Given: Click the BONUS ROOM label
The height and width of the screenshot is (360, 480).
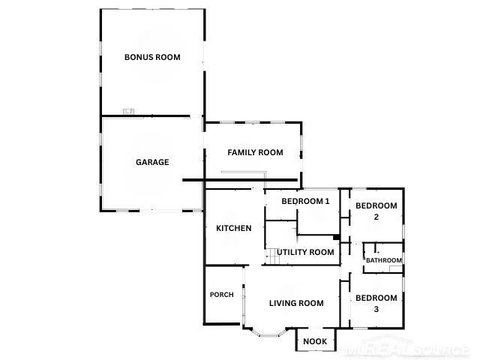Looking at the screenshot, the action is point(152,57).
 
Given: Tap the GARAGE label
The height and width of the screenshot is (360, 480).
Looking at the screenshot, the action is point(152,162).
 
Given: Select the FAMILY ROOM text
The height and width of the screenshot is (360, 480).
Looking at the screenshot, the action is point(255,152).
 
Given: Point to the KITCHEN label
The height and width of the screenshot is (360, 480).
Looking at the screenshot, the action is point(233,228).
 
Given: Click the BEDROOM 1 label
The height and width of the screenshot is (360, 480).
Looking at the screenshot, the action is point(305,201).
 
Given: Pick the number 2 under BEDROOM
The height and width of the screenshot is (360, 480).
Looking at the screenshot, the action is point(376,217).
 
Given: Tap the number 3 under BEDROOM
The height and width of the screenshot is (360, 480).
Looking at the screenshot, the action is point(376,309).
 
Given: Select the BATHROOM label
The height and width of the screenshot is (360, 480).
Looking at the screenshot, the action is point(384,260).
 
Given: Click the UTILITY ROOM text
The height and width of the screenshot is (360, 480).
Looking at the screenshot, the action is point(305,252).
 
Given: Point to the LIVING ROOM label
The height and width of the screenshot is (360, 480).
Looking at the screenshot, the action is point(296,303).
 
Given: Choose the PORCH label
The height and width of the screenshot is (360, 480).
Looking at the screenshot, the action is point(222,295).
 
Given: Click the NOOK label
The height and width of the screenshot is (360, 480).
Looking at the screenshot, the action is point(315,341).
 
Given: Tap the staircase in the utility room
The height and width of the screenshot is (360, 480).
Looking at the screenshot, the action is point(272,256).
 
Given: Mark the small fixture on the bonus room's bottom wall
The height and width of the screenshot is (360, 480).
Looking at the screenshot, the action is point(128,111).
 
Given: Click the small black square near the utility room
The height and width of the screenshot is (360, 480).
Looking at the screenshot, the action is point(337,237).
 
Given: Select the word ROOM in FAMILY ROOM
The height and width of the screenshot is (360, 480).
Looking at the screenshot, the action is point(271,152).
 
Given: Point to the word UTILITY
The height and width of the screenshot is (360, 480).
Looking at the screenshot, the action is point(291,252).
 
